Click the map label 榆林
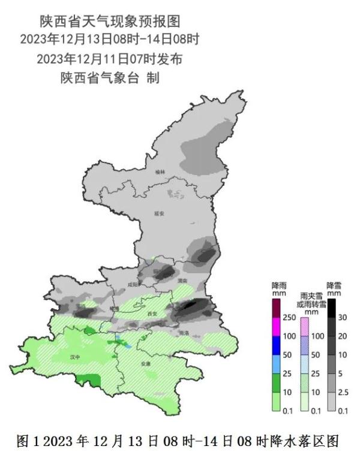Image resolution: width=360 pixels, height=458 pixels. pyautogui.click(x=159, y=172)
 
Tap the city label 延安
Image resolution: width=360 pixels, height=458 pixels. pyautogui.click(x=159, y=213)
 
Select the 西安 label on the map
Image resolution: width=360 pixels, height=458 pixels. pyautogui.click(x=152, y=314)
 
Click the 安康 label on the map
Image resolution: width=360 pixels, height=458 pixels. pyautogui.click(x=145, y=363)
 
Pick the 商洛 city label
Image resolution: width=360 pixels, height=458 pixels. pyautogui.click(x=184, y=333)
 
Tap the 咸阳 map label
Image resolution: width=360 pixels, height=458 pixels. pyautogui.click(x=133, y=285)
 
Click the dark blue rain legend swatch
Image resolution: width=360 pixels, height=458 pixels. pyautogui.click(x=277, y=345)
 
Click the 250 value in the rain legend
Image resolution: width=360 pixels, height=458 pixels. pyautogui.click(x=289, y=317)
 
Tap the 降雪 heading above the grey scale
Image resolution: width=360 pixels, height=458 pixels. pyautogui.click(x=334, y=285)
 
